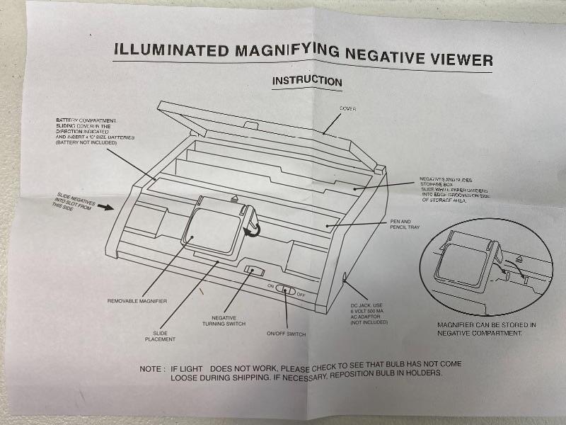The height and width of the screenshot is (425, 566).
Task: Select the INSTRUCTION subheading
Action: coord(307,81)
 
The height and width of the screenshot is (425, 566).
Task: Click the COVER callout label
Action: coord(347,108)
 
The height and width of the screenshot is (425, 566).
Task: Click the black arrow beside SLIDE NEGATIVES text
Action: coord(105,207)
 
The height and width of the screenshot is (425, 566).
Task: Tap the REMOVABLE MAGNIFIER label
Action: coord(137,301)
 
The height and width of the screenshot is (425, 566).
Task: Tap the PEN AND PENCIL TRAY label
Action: coord(405,224)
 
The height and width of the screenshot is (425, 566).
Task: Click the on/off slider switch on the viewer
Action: coord(286,290)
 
